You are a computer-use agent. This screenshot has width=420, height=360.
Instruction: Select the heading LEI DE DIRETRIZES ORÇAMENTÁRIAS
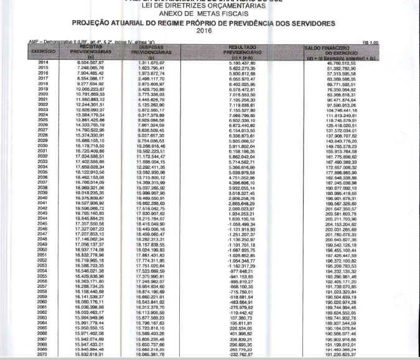pos(211,6)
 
